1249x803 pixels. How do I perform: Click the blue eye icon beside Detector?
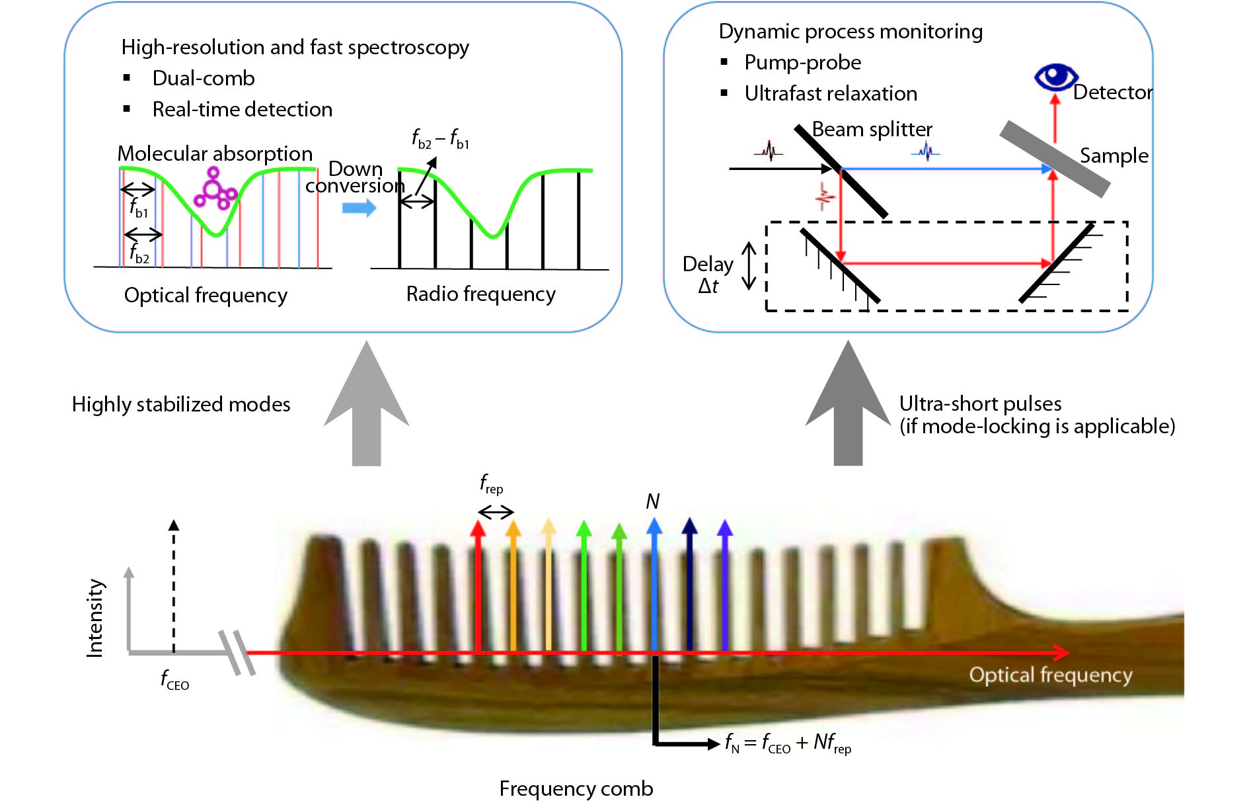point(1055,77)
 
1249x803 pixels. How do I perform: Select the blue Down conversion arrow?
point(359,208)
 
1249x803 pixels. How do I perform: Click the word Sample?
point(1114,155)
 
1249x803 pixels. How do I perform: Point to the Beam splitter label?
point(872,129)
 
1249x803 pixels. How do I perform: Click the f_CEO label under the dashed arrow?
point(174,679)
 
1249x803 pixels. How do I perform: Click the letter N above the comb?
point(652,501)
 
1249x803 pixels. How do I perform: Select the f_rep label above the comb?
point(491,484)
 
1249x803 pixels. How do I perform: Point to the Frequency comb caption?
point(576,788)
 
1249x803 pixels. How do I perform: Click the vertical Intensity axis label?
point(95,618)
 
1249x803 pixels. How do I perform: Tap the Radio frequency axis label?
point(480,294)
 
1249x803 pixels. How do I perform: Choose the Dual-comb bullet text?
point(203,78)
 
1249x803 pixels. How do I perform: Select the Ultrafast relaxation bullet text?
point(831,93)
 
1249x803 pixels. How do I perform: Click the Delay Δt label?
point(708,275)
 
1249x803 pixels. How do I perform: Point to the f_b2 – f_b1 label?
point(440,139)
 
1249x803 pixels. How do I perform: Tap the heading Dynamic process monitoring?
point(851,31)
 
